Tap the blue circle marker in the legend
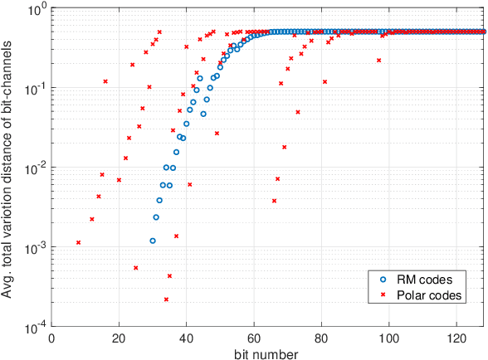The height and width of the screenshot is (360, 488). coord(383,280)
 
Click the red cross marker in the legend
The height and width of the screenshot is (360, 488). coord(383,295)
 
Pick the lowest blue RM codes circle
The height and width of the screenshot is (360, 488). coord(153,241)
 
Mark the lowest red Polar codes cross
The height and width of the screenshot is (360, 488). coord(166,299)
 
